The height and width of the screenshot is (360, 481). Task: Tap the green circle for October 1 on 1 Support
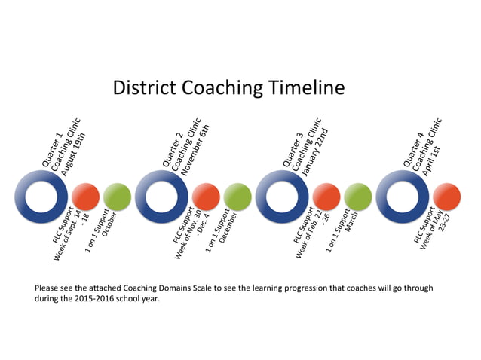pos(116,197)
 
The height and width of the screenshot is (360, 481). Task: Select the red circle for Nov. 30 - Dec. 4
pos(206,197)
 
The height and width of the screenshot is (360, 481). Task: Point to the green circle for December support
pos(237,197)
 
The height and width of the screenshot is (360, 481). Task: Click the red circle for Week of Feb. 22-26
pos(326,197)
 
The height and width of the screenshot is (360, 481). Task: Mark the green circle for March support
pos(357,197)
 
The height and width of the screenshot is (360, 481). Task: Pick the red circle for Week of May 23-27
pos(446,197)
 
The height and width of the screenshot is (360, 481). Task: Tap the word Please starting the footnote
pos(48,288)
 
